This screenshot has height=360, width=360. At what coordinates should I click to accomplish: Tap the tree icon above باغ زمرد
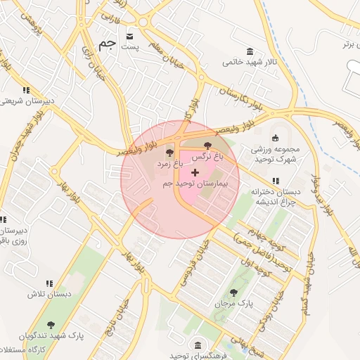(169, 152)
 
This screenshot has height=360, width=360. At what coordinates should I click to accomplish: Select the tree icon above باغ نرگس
(207, 144)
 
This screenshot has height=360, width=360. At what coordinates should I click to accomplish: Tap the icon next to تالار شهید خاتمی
(250, 51)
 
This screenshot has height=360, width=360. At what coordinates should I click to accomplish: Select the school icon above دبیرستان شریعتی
(27, 90)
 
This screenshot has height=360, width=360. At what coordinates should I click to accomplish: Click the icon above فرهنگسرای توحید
(199, 345)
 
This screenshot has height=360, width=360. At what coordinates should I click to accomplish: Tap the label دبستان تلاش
(32, 294)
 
